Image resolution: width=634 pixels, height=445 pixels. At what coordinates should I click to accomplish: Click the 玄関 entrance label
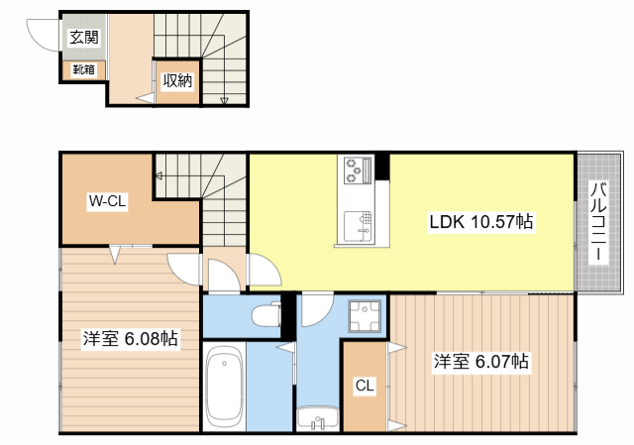point(84,38)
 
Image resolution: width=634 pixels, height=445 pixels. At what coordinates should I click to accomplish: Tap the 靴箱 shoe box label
point(83,69)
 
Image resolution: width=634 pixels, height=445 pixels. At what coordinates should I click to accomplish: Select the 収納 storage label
point(177,81)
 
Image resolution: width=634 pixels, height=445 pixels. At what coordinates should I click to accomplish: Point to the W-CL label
point(108,201)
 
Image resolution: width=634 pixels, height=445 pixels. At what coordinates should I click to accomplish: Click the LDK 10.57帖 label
point(481,222)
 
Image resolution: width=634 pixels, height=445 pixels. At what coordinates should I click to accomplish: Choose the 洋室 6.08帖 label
point(130,339)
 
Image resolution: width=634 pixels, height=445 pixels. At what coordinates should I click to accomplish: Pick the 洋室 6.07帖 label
point(481,362)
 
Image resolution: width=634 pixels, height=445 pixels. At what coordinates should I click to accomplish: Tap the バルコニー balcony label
point(598,222)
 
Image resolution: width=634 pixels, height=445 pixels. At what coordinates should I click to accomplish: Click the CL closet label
point(365,386)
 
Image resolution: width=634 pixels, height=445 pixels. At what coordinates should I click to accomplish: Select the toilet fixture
point(266,314)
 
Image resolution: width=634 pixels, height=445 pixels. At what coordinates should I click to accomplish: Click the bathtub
point(225,387)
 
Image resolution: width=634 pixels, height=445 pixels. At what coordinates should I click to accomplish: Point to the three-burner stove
point(358,169)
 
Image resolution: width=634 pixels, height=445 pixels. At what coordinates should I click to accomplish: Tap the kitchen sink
point(358,227)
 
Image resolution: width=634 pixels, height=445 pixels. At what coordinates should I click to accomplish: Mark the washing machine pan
point(366,316)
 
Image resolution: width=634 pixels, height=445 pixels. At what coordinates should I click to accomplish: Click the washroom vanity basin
point(318,418)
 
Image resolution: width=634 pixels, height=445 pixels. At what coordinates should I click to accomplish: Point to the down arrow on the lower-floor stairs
point(224,100)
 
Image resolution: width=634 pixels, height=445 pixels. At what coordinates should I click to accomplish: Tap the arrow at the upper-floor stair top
point(158,176)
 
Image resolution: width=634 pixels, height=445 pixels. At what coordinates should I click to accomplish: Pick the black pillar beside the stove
point(382,167)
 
